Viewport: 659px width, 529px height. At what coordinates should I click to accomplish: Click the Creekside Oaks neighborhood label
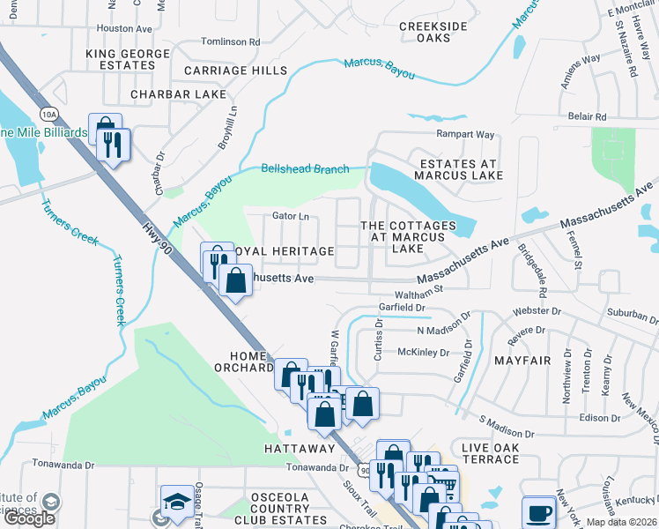[x=433, y=33]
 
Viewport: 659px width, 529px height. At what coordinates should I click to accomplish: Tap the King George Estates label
[x=121, y=59]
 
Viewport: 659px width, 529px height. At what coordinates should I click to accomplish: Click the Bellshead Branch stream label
[x=305, y=168]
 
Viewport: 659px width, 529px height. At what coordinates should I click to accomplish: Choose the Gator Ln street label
[x=292, y=216]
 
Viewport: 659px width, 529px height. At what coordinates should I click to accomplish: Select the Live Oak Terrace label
[x=484, y=454]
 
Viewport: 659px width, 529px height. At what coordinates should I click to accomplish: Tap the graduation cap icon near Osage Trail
[x=176, y=500]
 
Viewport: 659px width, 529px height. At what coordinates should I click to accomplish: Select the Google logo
[x=29, y=518]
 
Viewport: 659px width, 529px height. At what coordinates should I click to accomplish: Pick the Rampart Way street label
[x=466, y=134]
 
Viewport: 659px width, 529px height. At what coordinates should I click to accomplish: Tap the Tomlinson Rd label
[x=230, y=41]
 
